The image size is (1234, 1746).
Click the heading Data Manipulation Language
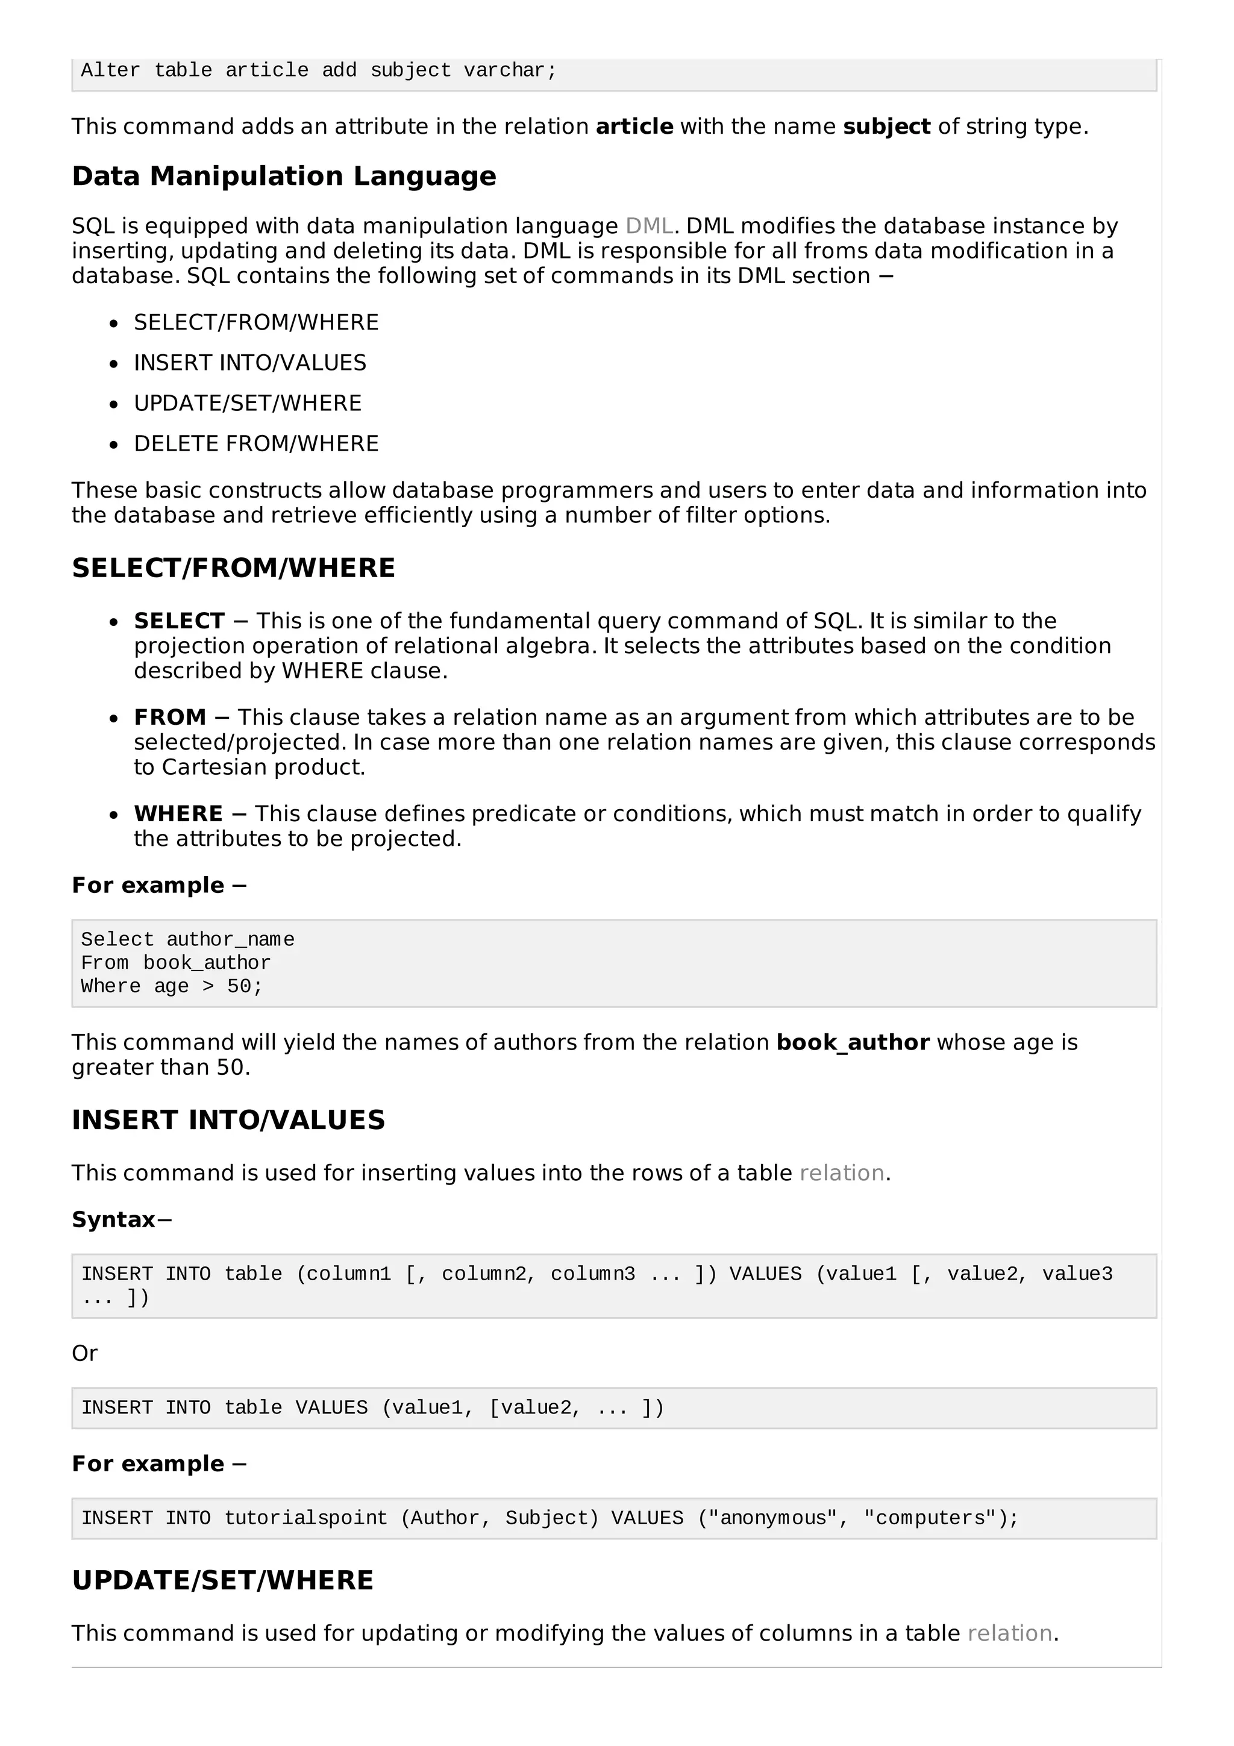point(284,177)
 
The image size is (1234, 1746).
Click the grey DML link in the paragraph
point(648,226)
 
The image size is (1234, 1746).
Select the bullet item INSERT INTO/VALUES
point(249,363)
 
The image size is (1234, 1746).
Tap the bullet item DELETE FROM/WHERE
point(255,443)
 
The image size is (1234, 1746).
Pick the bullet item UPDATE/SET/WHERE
point(247,403)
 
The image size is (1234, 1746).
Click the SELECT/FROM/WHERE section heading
point(233,568)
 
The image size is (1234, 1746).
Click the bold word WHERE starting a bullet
point(178,814)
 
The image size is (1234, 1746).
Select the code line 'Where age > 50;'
point(171,986)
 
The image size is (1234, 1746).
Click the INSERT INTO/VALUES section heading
point(228,1120)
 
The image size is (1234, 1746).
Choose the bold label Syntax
point(113,1220)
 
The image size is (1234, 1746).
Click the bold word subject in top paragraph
point(886,127)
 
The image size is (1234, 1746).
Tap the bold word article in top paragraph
point(634,127)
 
